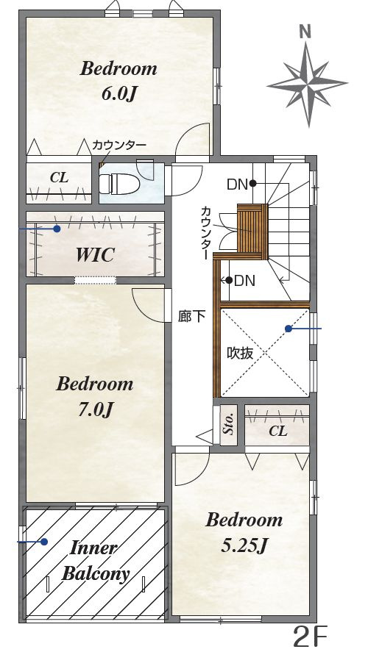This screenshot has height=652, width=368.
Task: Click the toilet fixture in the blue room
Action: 119,183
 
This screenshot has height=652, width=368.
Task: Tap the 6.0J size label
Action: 119,94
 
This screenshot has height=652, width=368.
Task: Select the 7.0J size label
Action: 96,410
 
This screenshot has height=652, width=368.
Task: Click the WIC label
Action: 96,255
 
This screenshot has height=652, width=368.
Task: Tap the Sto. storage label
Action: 228,425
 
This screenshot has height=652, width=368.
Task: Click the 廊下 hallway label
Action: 191,317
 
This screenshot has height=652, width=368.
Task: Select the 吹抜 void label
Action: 240,354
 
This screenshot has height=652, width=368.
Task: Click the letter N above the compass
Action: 306,32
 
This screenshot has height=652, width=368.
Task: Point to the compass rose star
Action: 307,84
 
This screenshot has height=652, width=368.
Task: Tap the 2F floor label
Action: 311,635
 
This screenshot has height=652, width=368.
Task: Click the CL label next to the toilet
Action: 59,178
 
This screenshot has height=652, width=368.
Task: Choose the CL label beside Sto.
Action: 278,431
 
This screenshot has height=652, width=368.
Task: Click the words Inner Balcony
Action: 96,561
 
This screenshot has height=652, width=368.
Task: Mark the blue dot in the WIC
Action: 57,229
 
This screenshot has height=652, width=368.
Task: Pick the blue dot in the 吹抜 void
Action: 288,329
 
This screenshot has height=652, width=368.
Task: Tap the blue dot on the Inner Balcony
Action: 44,542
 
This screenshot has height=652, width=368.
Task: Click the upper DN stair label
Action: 237,185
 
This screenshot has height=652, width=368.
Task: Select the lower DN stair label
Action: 245,281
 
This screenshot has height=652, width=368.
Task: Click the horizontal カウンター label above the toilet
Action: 119,145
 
